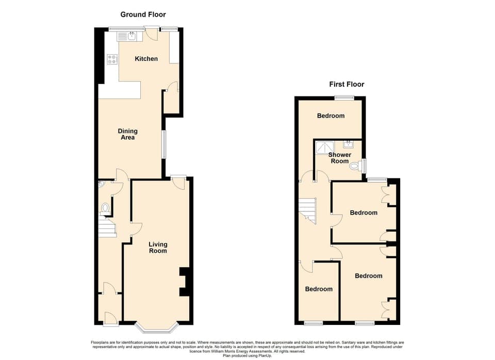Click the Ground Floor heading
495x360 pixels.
(x=143, y=14)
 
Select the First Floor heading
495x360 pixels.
(x=346, y=84)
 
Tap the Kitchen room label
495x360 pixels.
(x=146, y=59)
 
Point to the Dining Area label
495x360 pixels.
(x=127, y=134)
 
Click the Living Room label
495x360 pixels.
(x=158, y=248)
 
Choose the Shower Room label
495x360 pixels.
(x=340, y=158)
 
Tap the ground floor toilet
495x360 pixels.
(x=106, y=208)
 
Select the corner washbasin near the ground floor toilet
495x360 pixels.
(x=101, y=183)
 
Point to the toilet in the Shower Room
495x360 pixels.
(x=355, y=166)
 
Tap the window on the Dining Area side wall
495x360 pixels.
(x=164, y=144)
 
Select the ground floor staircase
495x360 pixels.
(x=107, y=227)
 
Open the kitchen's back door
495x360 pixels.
(x=152, y=34)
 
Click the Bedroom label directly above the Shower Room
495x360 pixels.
(x=331, y=116)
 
